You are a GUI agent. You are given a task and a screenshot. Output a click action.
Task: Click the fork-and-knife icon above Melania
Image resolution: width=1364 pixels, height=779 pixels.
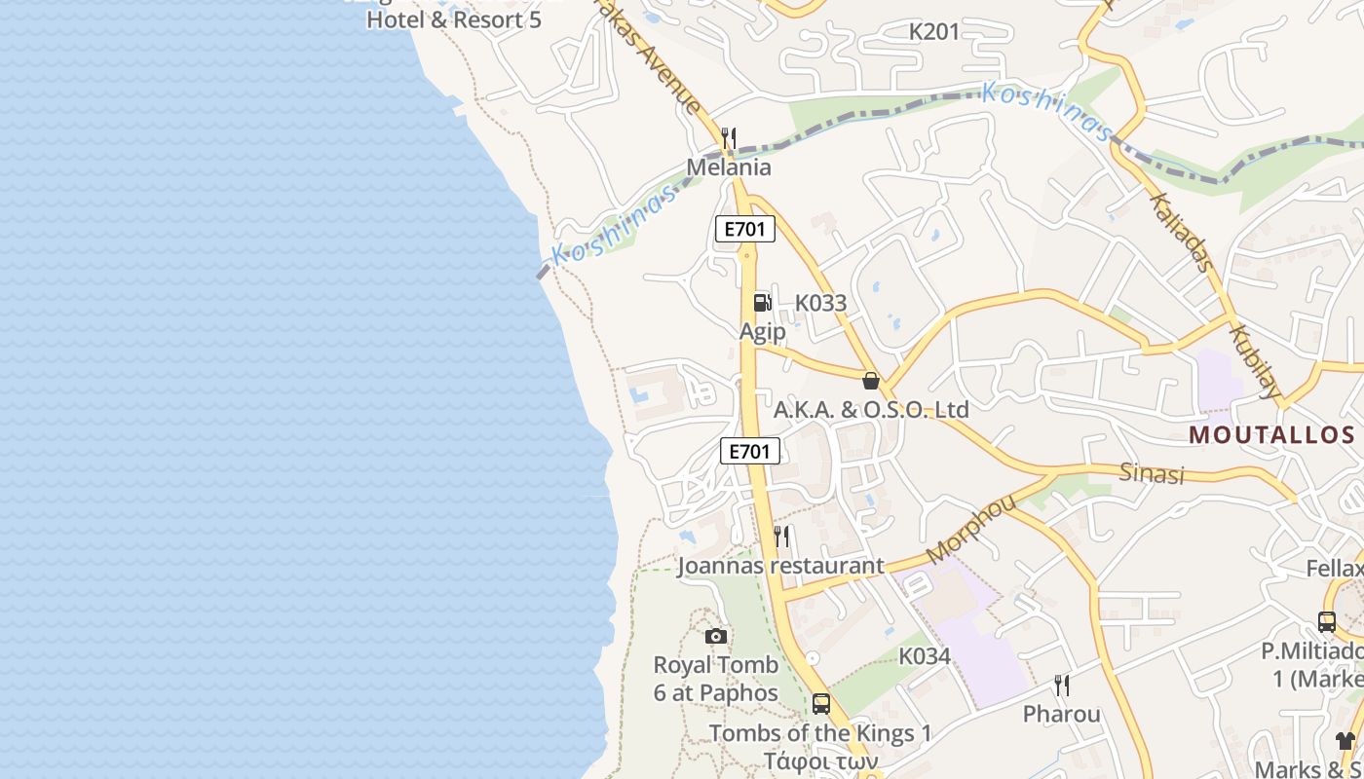[x=729, y=137]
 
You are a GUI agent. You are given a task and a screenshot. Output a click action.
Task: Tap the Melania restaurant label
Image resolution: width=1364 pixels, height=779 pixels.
[x=729, y=167]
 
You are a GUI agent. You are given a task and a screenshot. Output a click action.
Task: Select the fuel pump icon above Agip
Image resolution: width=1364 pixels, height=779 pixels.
[x=762, y=302]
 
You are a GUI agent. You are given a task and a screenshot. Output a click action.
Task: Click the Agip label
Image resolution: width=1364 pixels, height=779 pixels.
[x=762, y=332]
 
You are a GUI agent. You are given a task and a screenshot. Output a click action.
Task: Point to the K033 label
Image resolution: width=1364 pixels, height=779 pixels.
[x=820, y=303]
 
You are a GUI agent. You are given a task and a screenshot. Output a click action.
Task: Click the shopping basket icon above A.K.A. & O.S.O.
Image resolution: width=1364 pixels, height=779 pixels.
[x=871, y=381]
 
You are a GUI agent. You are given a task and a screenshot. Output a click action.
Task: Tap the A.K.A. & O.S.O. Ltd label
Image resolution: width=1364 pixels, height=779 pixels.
[x=871, y=410]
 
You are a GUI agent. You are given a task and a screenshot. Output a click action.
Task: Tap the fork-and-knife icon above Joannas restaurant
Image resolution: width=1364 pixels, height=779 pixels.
[x=781, y=536]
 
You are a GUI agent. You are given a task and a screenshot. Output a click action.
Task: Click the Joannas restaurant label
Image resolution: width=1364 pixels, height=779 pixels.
[x=781, y=566]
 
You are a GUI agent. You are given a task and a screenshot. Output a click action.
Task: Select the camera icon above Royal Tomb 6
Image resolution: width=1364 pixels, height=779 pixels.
[x=716, y=636]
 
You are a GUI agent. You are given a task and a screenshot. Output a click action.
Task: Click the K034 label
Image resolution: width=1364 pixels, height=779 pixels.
[x=925, y=656]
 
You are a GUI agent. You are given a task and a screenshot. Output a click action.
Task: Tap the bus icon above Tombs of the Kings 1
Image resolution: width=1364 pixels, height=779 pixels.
[x=821, y=703]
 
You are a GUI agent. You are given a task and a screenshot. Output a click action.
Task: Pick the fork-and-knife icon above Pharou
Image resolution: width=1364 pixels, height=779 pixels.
[x=1062, y=686]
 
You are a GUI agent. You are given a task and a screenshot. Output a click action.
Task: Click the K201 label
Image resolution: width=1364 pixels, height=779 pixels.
[x=934, y=32]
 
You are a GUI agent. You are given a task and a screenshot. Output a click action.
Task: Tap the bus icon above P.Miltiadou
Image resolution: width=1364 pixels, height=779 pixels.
[x=1327, y=621]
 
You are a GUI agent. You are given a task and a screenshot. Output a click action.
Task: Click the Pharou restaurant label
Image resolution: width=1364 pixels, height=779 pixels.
[x=1062, y=715]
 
